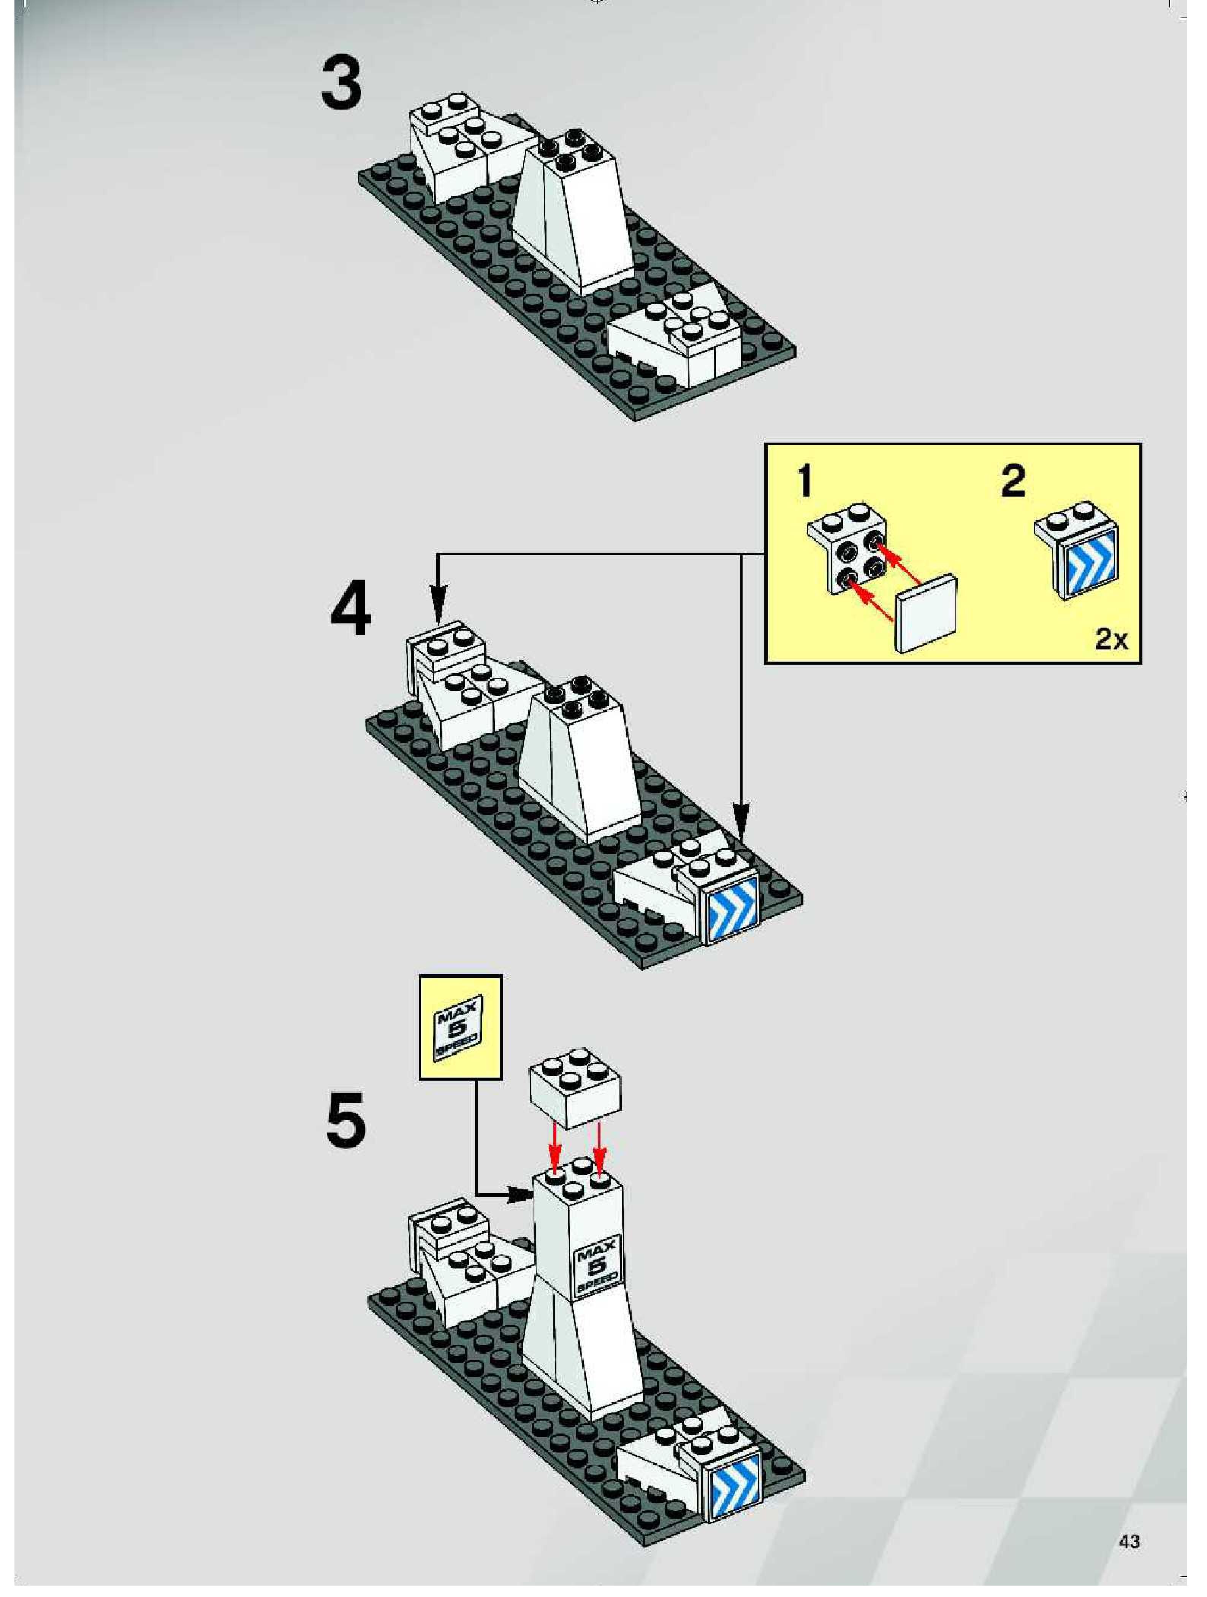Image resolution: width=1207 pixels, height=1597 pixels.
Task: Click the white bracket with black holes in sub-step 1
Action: click(849, 553)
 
